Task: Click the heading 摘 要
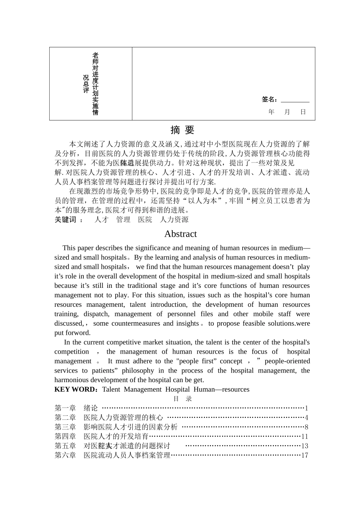182,130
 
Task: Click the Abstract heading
180,234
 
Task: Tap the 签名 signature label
269,100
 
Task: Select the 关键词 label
65,220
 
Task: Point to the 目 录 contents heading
182,399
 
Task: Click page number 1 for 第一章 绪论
307,408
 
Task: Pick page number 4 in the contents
307,418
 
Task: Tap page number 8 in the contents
307,427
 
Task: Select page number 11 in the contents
305,437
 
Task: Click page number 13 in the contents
305,446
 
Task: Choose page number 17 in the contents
305,456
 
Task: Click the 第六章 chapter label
65,456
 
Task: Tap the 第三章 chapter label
65,427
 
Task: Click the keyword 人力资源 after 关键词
174,220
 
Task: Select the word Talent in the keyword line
111,389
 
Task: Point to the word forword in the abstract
78,333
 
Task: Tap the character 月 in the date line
287,112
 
